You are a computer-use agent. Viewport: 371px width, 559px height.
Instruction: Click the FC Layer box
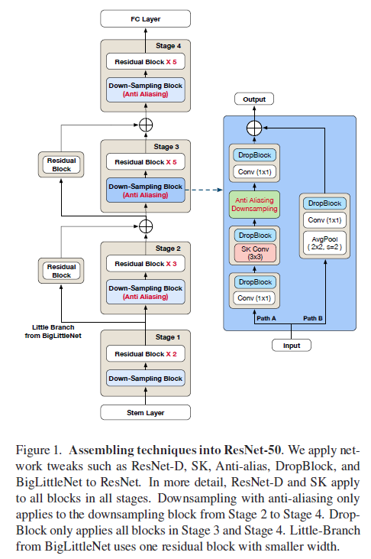145,19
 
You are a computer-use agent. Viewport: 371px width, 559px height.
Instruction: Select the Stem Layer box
145,412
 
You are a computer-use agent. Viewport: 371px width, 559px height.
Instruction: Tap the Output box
254,99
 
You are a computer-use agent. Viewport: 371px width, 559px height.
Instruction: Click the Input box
292,345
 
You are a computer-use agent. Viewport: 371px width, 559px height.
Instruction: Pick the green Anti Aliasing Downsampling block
254,204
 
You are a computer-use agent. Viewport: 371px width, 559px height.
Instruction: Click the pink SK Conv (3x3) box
255,253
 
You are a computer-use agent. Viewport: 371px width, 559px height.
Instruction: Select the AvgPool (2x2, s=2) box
324,242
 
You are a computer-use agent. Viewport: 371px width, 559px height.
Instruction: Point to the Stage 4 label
168,46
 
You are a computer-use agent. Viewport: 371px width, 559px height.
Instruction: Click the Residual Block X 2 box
145,354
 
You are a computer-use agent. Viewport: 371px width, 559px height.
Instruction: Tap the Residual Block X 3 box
145,264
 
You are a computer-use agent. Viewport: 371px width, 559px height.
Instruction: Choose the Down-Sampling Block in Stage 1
145,379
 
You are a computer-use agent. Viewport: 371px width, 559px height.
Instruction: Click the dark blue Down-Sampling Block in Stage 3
145,190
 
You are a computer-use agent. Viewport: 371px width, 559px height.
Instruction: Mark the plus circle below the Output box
254,128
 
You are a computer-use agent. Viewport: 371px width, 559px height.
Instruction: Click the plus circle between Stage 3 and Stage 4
146,125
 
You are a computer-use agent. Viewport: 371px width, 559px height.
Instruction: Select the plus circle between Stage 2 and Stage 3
146,226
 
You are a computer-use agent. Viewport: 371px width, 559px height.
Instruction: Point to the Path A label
266,318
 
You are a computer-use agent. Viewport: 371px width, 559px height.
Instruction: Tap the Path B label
313,318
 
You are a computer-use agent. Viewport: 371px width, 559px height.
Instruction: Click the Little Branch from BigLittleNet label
53,331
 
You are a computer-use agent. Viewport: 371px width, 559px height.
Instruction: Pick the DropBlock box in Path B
324,203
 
